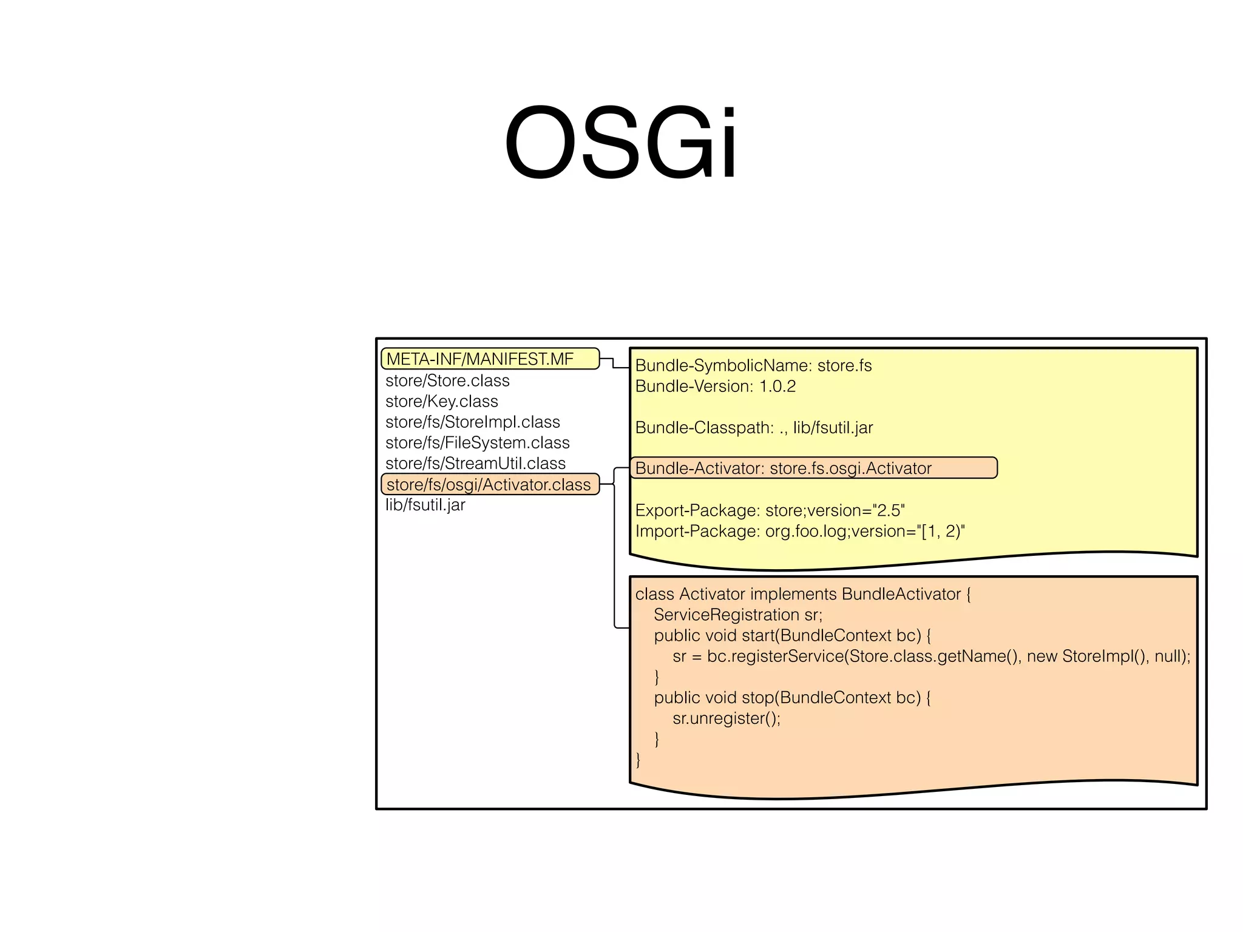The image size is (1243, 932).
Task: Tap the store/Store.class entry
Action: pyautogui.click(x=447, y=380)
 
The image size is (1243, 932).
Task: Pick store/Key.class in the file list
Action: pyautogui.click(x=441, y=401)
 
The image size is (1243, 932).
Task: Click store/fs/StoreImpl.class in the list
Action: pyautogui.click(x=472, y=422)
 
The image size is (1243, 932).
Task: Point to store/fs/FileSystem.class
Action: pyautogui.click(x=477, y=442)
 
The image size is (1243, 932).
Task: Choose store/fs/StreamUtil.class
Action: pyautogui.click(x=475, y=463)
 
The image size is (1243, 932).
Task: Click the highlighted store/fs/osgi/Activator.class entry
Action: pyautogui.click(x=489, y=484)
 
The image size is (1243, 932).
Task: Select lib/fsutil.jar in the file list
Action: pyautogui.click(x=425, y=505)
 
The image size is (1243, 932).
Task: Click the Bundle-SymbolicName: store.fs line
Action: pyautogui.click(x=753, y=365)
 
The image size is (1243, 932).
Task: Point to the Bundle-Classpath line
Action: pyautogui.click(x=754, y=428)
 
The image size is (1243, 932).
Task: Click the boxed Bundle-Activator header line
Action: pyautogui.click(x=783, y=468)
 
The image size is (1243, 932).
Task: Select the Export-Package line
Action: pyautogui.click(x=770, y=510)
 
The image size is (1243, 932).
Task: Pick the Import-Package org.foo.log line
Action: pyautogui.click(x=799, y=531)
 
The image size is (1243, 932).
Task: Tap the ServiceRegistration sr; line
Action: pyautogui.click(x=737, y=615)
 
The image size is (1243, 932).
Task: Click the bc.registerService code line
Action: pyautogui.click(x=931, y=656)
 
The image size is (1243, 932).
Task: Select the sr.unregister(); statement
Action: pyautogui.click(x=726, y=718)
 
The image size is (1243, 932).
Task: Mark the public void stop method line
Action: pyautogui.click(x=792, y=698)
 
